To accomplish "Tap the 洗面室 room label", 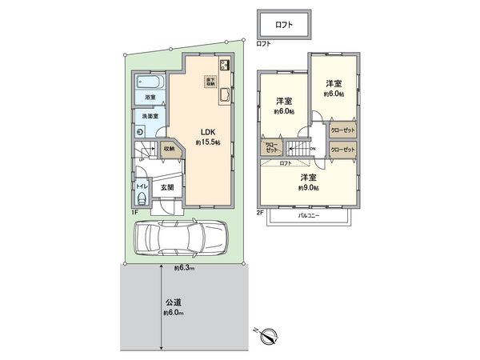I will pyautogui.click(x=150, y=117).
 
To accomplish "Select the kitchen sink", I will pyautogui.click(x=225, y=94).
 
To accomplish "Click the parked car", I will pyautogui.click(x=181, y=238).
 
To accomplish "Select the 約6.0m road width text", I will pyautogui.click(x=174, y=313).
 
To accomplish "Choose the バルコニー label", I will pyautogui.click(x=310, y=215).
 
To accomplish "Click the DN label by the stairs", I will pyautogui.click(x=313, y=150).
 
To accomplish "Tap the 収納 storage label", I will pyautogui.click(x=169, y=148).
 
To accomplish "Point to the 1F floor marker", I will pyautogui.click(x=136, y=212).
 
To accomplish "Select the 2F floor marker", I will pyautogui.click(x=261, y=212).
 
